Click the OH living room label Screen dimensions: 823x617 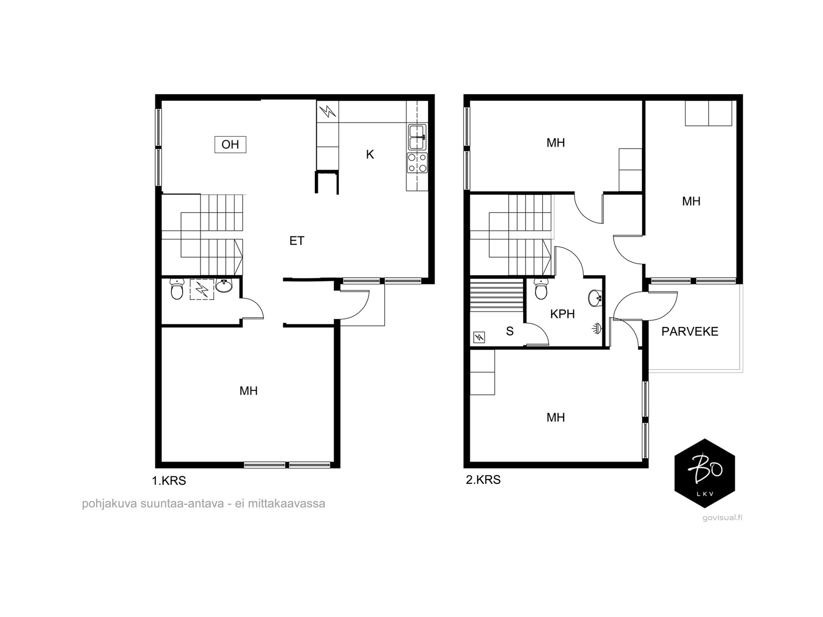230,144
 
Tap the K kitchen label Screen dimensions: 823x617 370,154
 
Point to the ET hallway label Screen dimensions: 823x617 297,241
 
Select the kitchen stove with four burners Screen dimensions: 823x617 417,162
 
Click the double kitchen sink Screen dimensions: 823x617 417,137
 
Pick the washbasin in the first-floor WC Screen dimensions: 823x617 224,285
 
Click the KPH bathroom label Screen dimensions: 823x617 562,314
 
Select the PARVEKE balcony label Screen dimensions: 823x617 690,331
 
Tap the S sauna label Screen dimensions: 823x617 510,331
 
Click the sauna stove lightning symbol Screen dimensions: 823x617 479,337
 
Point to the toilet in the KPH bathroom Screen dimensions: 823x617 541,289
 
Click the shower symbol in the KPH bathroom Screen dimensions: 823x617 597,329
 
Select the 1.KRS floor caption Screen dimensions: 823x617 169,481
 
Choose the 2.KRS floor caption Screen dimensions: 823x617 483,480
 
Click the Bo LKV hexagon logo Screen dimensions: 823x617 705,473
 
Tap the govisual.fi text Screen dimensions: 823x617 722,518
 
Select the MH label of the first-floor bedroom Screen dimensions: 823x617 248,391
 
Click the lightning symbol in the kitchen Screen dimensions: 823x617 327,111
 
